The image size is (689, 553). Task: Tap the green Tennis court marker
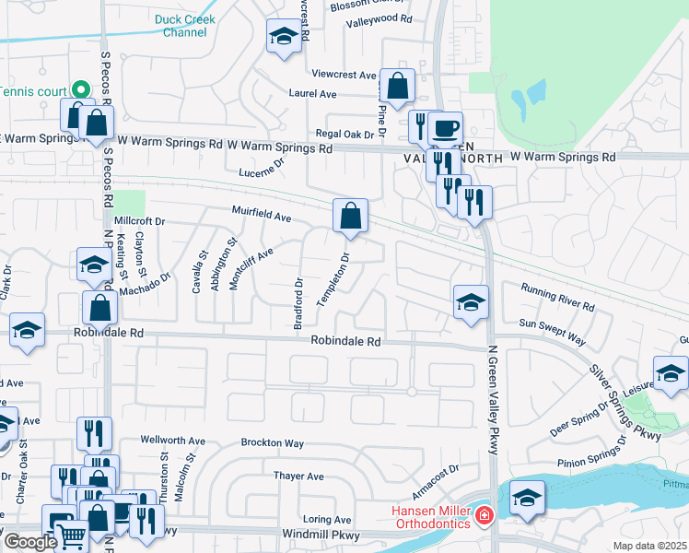(80, 91)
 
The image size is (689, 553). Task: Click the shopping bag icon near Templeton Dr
(350, 216)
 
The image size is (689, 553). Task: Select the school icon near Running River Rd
(471, 301)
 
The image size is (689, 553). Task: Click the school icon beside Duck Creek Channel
(283, 37)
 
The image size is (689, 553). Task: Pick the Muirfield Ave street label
(262, 218)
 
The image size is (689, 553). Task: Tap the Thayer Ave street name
(298, 477)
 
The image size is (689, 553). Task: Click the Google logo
(29, 542)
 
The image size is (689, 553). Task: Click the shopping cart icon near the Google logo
(71, 535)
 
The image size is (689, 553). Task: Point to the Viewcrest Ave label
(344, 75)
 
